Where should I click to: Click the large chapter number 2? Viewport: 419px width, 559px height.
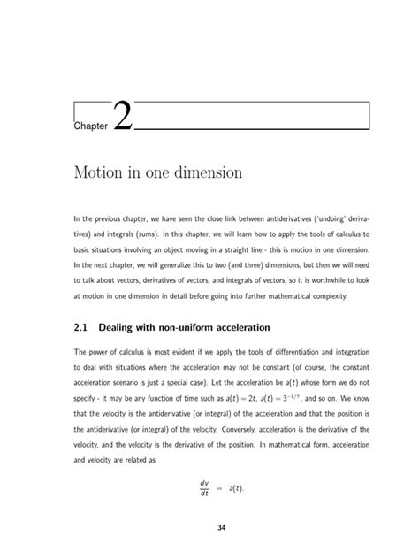pos(123,118)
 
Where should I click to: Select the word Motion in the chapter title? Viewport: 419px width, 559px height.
pos(101,173)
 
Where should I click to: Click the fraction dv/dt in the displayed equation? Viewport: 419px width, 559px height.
pos(206,487)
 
